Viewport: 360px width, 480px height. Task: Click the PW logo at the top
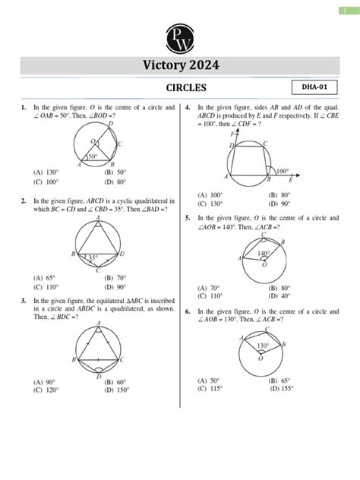point(179,37)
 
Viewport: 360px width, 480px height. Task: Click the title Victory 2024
point(179,66)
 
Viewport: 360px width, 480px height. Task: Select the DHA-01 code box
point(314,90)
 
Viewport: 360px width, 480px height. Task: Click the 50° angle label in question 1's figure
point(93,157)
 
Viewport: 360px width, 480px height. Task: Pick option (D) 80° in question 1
point(116,182)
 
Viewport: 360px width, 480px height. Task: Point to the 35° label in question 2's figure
point(93,258)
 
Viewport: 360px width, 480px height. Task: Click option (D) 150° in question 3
point(118,389)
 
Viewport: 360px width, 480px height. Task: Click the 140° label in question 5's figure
point(264,253)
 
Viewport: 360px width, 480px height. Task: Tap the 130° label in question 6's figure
point(263,346)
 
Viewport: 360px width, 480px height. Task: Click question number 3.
point(24,301)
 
